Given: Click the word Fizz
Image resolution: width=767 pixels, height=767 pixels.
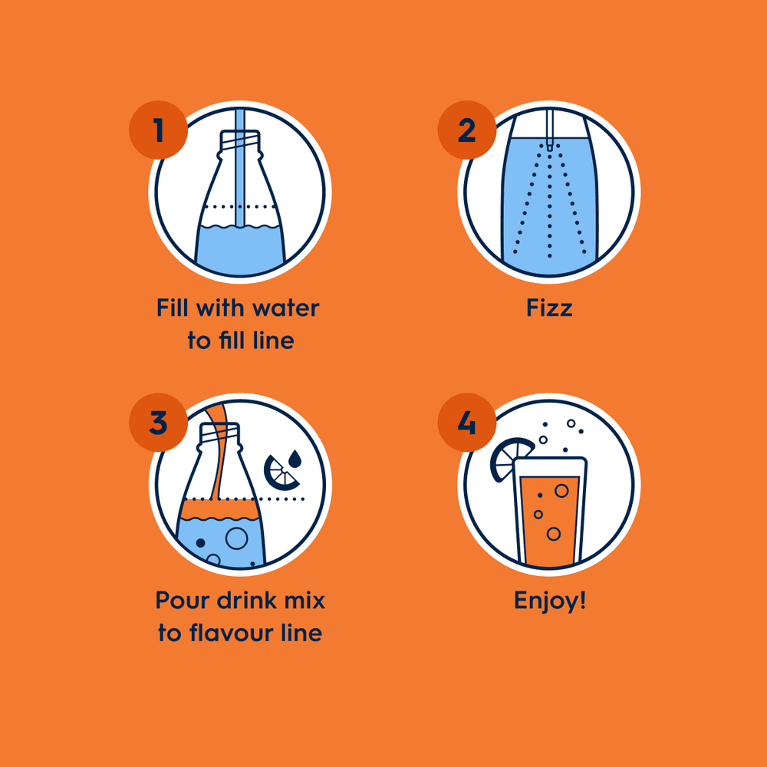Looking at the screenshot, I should pos(549,308).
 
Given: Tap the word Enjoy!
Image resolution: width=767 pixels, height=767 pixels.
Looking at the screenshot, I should pos(550,601).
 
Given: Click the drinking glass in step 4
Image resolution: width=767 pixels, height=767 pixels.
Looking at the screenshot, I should pos(550,514).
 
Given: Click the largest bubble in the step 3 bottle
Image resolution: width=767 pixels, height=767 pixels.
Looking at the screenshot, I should pos(236,538).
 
